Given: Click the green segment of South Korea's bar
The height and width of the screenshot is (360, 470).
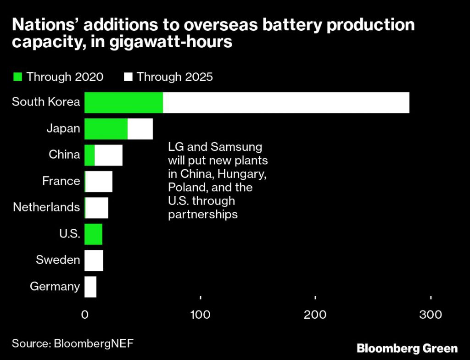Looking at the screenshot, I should tap(123, 102).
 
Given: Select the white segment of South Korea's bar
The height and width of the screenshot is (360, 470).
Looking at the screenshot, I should tap(285, 102).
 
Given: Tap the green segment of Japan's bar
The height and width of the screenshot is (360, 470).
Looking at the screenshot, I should tap(106, 128).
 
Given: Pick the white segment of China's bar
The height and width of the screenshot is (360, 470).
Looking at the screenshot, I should tap(109, 155).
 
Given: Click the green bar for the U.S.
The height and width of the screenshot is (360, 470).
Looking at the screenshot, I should tap(94, 234).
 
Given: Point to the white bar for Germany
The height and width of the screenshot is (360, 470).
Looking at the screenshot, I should tap(90, 287).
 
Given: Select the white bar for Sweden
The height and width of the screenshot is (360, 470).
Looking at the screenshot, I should tap(94, 260).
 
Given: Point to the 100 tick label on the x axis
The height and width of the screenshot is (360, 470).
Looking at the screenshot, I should tap(200, 315).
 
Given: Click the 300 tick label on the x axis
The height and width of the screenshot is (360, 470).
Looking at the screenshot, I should tap(431, 315).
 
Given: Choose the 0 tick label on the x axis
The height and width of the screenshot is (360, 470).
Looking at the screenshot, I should tap(85, 315).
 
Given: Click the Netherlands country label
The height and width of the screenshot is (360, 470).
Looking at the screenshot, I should tap(46, 207).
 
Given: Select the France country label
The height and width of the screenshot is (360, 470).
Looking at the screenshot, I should tap(61, 181).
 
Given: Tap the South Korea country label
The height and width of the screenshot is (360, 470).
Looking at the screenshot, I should tap(46, 102).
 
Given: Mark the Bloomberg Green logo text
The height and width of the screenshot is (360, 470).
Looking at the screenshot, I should tap(407, 348).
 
